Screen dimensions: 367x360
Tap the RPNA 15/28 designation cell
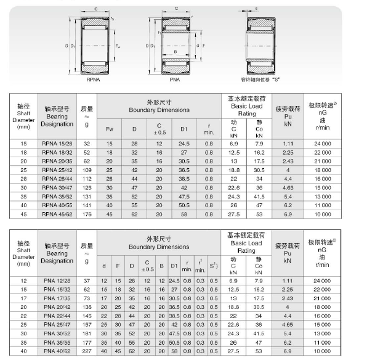point(57,143)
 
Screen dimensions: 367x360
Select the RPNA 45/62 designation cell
point(57,215)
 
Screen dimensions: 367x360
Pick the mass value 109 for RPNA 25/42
point(86,170)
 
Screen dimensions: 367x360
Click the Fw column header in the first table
point(110,128)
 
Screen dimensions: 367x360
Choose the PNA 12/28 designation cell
point(57,280)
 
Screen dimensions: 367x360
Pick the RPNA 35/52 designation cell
point(57,197)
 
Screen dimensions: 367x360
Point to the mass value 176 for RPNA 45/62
point(86,215)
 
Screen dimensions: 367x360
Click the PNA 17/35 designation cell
point(57,298)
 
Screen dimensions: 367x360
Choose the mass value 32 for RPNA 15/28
point(86,143)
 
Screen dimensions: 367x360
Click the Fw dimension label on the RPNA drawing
point(118,46)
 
